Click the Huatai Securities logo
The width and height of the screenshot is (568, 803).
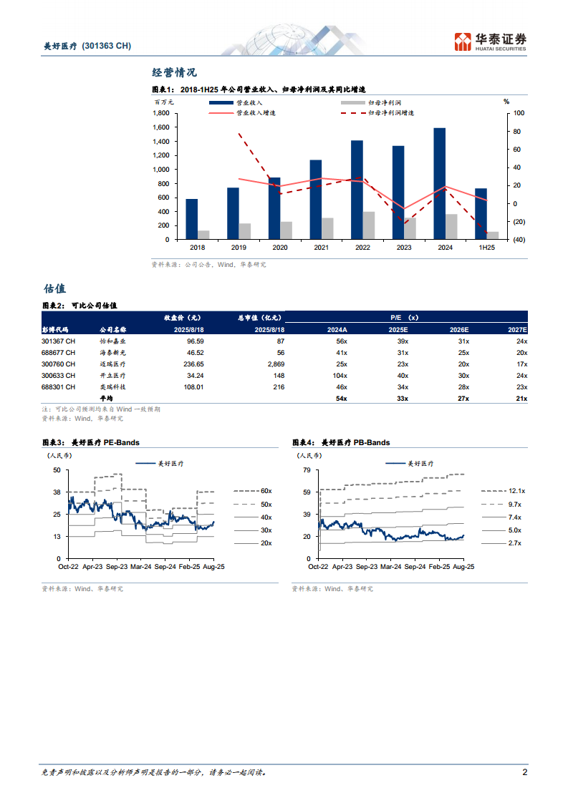point(491,42)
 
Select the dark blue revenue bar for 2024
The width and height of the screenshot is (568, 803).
point(440,184)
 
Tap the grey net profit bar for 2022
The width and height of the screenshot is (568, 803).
point(368,225)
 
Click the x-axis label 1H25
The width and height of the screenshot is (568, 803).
point(486,248)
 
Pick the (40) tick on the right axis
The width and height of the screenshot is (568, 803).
point(517,240)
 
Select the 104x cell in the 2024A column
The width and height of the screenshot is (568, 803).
point(337,376)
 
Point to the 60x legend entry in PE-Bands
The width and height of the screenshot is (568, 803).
point(266,491)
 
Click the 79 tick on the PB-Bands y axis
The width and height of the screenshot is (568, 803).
point(306,469)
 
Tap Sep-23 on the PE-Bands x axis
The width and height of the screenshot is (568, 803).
point(118,566)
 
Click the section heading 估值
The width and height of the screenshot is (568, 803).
point(54,289)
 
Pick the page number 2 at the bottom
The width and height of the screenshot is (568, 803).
point(525,773)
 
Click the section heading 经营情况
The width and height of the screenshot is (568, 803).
point(174,72)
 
